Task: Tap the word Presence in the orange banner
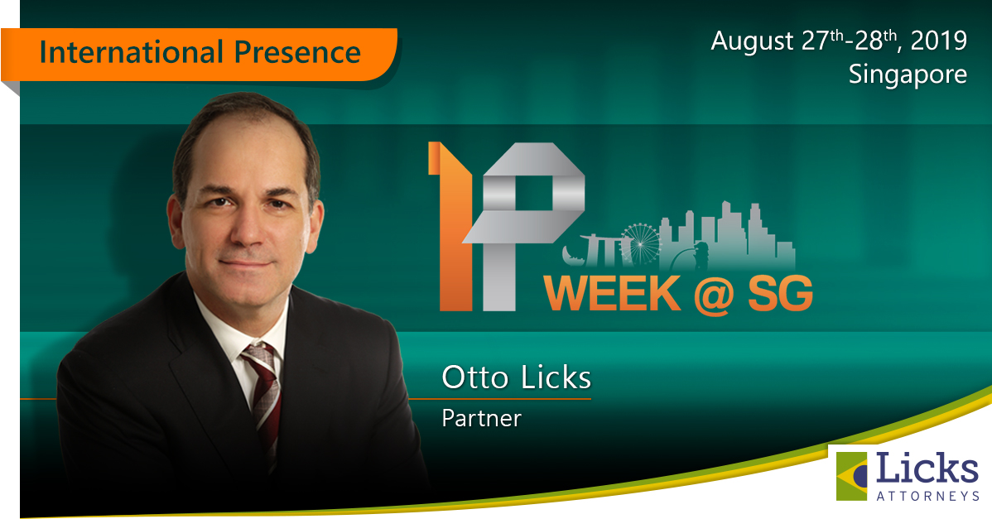297,52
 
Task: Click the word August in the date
752,41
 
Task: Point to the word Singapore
908,75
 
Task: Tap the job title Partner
481,419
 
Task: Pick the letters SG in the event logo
781,294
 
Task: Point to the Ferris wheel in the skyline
640,243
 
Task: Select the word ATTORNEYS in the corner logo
927,497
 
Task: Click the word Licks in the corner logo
927,469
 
